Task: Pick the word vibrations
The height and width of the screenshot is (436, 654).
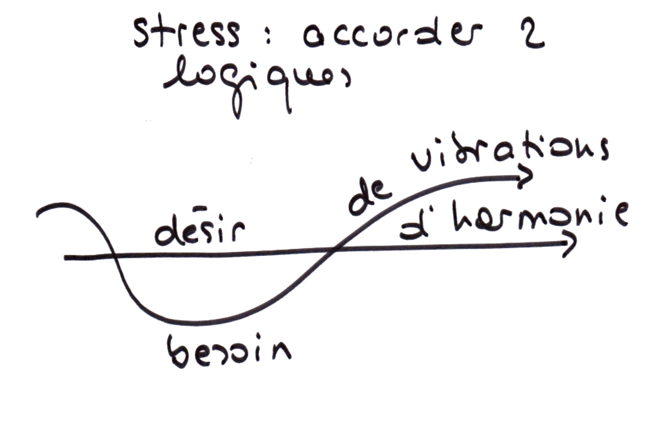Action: [x=509, y=151]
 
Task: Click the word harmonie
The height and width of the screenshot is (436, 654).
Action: [x=539, y=218]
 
